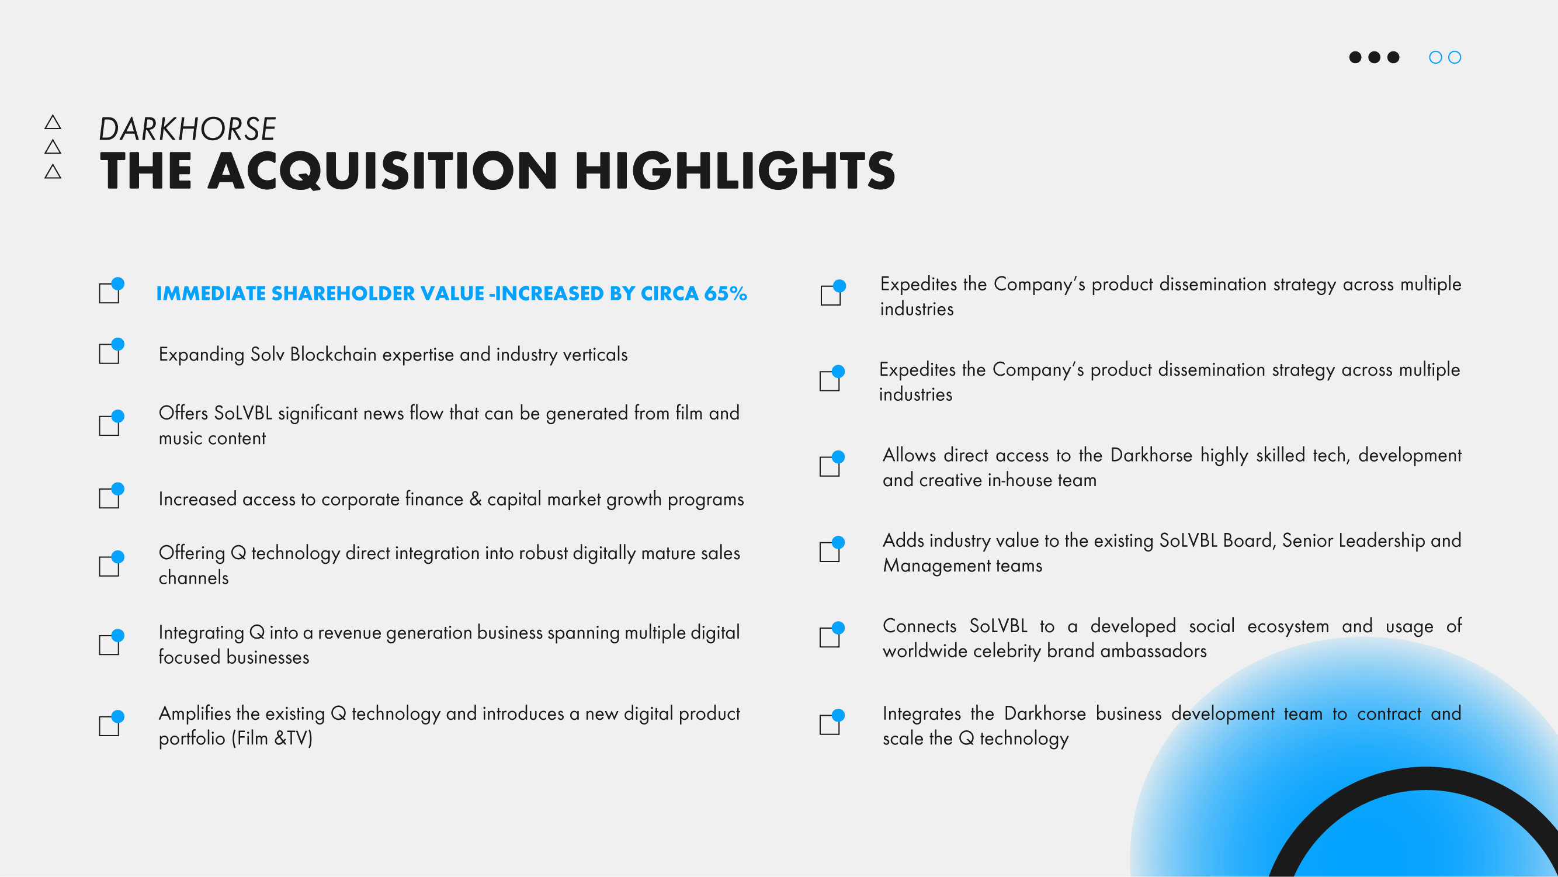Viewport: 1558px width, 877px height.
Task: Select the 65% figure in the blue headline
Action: (725, 293)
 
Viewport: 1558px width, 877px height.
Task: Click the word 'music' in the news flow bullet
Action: (179, 438)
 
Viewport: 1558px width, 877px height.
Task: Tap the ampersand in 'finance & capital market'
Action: (476, 499)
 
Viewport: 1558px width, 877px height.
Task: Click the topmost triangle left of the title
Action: (53, 123)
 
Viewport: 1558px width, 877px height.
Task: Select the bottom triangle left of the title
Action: (53, 172)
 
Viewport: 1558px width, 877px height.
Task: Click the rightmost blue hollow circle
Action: (1455, 57)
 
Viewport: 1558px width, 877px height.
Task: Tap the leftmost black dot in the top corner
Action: (1355, 57)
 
